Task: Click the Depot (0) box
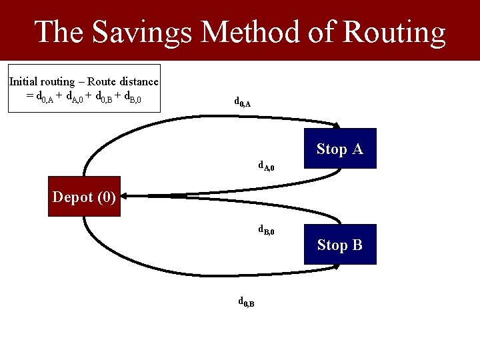point(84,197)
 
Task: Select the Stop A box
point(340,148)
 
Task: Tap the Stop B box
point(340,245)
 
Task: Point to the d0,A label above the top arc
point(242,102)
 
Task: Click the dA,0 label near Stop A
point(266,165)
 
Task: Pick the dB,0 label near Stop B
point(266,231)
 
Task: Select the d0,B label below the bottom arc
point(246,302)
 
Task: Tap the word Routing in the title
point(393,32)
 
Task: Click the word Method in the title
point(268,32)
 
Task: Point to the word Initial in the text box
point(24,82)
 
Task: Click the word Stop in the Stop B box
point(331,245)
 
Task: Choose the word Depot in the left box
point(73,197)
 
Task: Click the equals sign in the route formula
point(29,97)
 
